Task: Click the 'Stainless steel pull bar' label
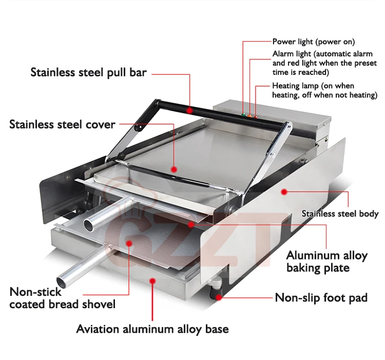(89, 72)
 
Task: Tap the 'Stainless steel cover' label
(62, 124)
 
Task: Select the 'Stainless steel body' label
(340, 214)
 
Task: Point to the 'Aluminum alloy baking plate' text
(326, 261)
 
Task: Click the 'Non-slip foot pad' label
(321, 297)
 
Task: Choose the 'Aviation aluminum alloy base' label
(152, 329)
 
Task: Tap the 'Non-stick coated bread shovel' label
(62, 298)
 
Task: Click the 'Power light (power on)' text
(313, 42)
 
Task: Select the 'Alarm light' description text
(323, 63)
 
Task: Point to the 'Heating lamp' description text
(324, 91)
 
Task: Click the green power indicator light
(243, 114)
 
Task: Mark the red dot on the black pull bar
(190, 109)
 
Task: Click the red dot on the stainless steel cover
(174, 168)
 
